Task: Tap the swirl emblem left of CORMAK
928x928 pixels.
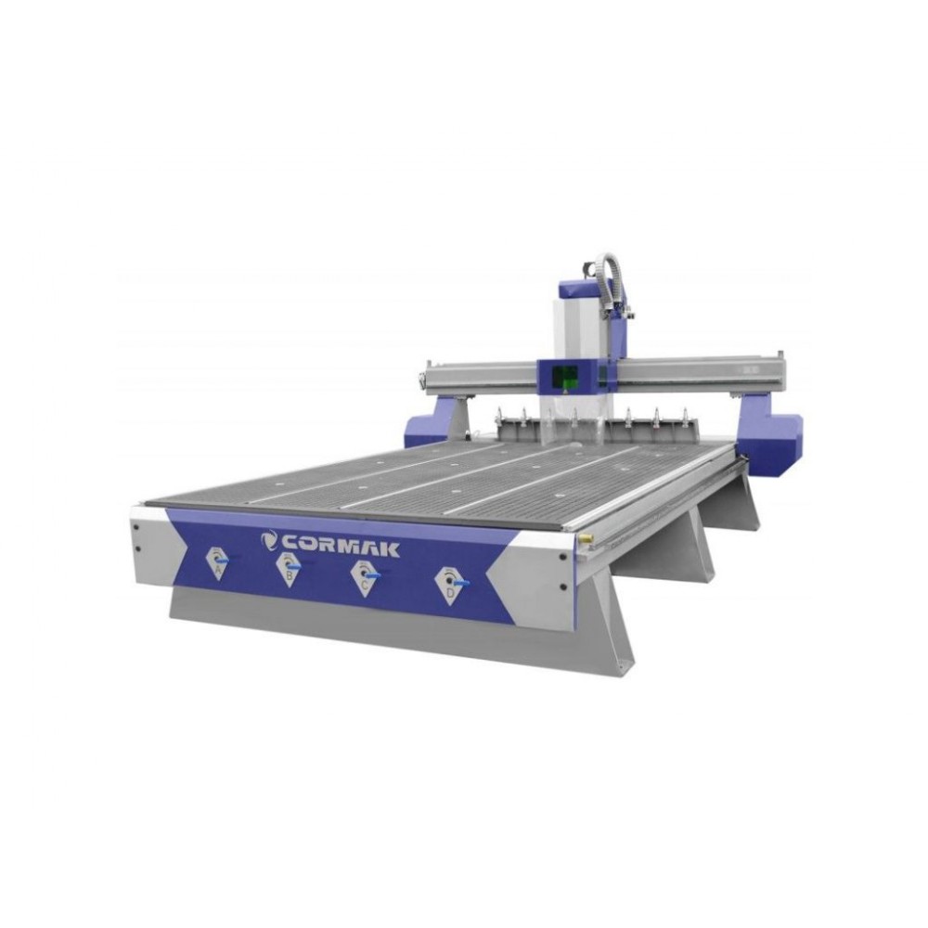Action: tap(270, 540)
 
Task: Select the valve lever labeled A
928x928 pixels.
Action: tap(223, 557)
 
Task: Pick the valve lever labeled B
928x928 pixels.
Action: tap(293, 566)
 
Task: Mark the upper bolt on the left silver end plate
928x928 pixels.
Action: tap(136, 527)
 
